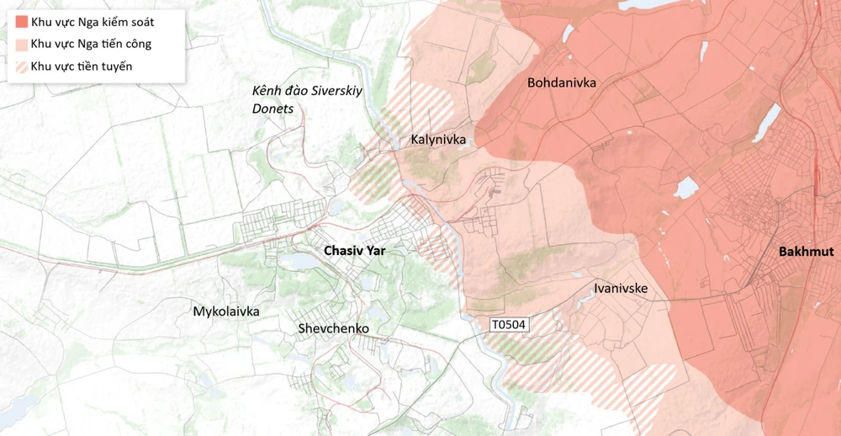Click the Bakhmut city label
point(805,252)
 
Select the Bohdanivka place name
point(561,82)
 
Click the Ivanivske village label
point(620,288)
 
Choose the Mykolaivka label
point(226,311)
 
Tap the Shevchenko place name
point(333,328)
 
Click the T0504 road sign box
point(508,324)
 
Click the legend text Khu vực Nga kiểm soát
point(93,21)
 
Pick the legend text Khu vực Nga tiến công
point(91,44)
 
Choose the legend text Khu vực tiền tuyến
point(82,66)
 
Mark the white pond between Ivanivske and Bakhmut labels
point(686,188)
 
